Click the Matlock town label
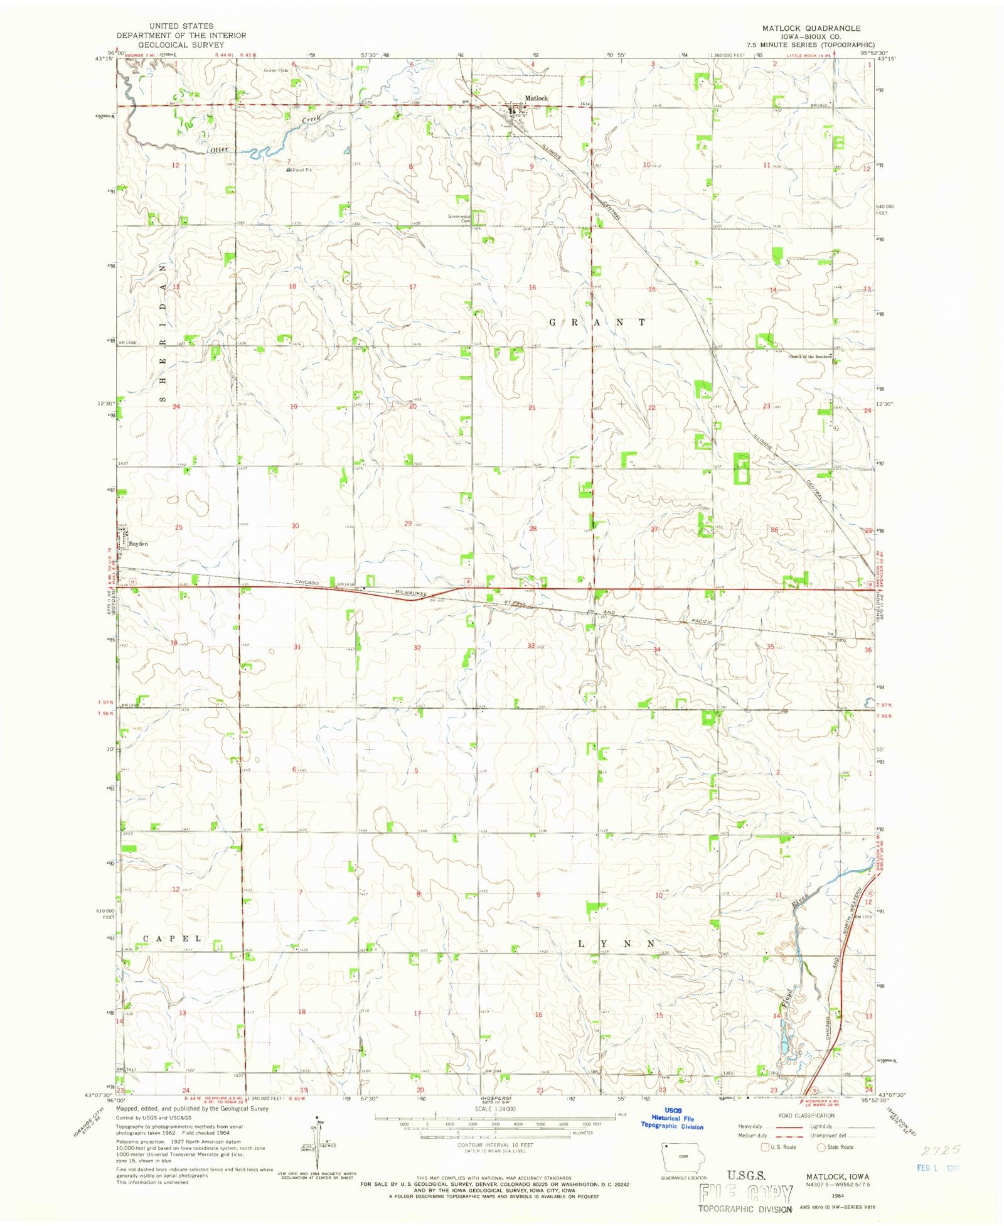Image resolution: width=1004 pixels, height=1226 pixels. pos(536,99)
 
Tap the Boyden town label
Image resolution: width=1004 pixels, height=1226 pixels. pos(139,544)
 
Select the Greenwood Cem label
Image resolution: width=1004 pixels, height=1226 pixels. pos(459,218)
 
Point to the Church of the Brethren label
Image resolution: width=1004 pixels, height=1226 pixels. pos(809,357)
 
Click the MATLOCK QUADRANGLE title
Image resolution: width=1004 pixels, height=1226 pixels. pos(811,28)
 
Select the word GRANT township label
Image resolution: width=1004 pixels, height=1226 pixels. pos(597,322)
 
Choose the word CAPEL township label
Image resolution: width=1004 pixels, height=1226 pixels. pos(173,938)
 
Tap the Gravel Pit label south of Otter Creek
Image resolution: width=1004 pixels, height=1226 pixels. pos(299,170)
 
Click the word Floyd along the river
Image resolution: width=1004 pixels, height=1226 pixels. pos(786,994)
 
